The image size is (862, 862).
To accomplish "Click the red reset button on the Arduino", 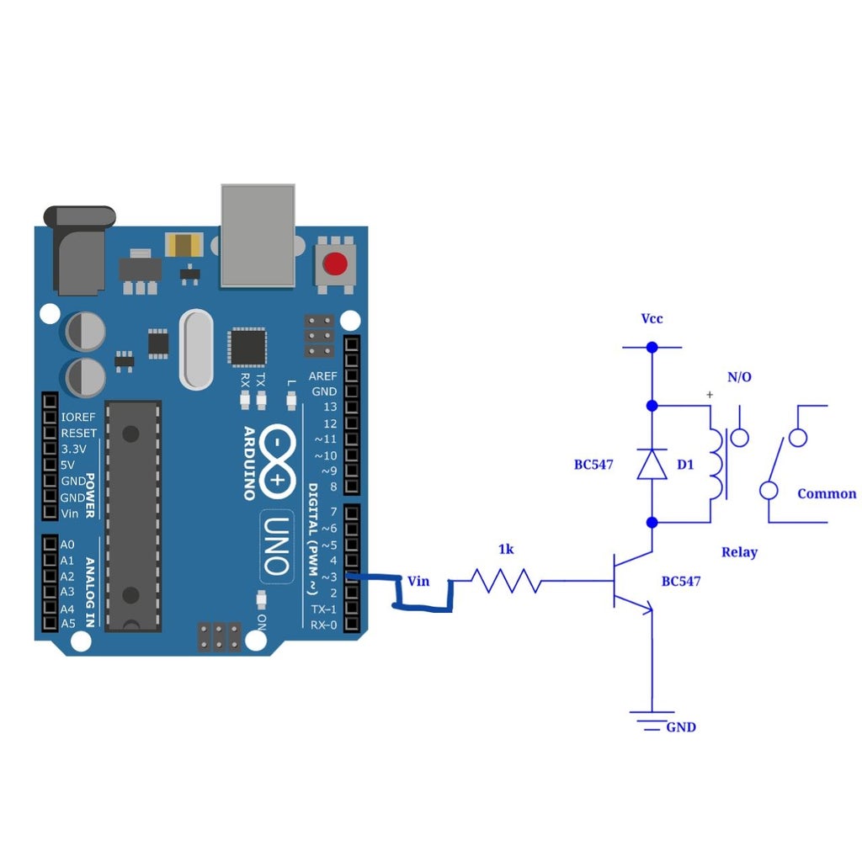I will tap(335, 264).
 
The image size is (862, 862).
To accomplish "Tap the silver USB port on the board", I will tap(258, 236).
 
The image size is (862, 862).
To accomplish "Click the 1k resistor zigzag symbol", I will tap(505, 581).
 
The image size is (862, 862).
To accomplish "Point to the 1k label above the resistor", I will tap(506, 550).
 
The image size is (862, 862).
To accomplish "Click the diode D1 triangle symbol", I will tap(652, 464).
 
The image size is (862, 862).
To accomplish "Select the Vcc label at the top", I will tap(652, 319).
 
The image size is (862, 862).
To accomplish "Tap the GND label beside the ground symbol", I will tap(681, 727).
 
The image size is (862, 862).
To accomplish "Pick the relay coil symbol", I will tap(716, 464).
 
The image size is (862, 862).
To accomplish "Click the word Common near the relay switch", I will tap(826, 494).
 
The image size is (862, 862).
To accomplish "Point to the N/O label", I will tap(739, 377).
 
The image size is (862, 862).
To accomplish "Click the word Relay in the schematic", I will tap(739, 552).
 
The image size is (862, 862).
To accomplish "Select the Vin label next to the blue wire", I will tap(418, 581).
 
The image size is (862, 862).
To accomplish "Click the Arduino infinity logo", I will tap(277, 460).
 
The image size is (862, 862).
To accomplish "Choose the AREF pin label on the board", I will tap(322, 375).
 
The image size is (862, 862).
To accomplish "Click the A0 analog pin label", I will tap(68, 545).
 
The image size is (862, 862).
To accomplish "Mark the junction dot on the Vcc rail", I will tap(652, 347).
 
